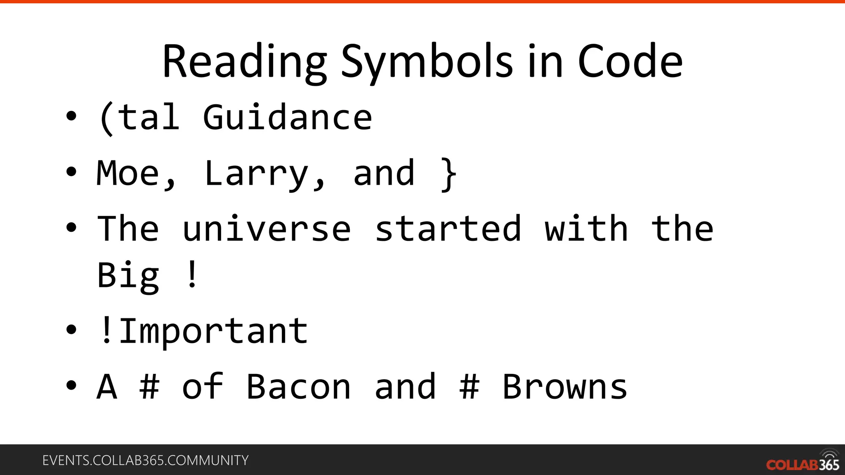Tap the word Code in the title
pos(630,62)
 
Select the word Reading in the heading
pos(245,62)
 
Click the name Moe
pos(128,173)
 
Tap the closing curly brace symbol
pos(448,174)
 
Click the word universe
pos(267,229)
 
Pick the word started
pos(448,229)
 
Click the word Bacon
pos(298,387)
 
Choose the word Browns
pos(565,387)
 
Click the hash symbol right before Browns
pos(470,387)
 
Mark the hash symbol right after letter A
pos(149,387)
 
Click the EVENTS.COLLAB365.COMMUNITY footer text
pos(145,460)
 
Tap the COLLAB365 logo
pos(803,462)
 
